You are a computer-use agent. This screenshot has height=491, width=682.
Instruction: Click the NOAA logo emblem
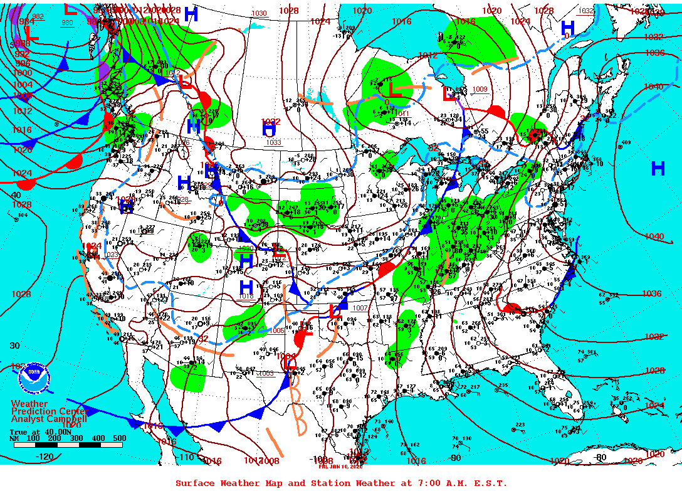(33, 378)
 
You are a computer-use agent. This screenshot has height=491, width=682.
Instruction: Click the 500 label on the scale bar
(119, 438)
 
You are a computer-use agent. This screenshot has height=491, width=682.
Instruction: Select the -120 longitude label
(45, 457)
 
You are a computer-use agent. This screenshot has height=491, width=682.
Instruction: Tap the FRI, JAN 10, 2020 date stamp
(341, 466)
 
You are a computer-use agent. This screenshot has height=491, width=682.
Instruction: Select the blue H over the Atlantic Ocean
(658, 168)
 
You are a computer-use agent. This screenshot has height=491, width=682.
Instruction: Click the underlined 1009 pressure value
(480, 89)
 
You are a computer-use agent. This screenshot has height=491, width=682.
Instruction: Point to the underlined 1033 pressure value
(273, 142)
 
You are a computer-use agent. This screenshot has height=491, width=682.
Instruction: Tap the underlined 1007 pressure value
(360, 308)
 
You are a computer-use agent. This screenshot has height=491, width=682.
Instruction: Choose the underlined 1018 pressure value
(246, 297)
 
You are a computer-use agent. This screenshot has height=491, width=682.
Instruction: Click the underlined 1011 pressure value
(402, 114)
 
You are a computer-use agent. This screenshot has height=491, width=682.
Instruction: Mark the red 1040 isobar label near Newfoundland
(653, 87)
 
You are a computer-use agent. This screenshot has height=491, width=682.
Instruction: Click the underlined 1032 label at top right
(585, 11)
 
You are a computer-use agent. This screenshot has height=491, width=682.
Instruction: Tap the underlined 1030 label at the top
(258, 13)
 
